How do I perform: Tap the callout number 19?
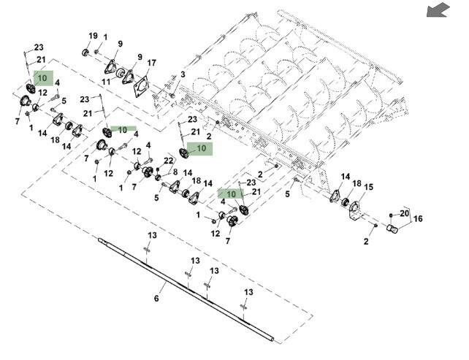(x=93, y=36)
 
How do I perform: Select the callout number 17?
(x=151, y=63)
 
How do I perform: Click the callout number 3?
(x=183, y=74)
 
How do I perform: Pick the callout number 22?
(x=169, y=161)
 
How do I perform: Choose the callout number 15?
(x=368, y=187)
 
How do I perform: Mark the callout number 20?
(x=404, y=213)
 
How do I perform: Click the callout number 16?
(x=418, y=218)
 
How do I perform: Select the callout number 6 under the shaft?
(x=156, y=299)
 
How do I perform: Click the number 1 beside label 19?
(x=105, y=37)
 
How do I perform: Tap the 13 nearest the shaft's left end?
(x=153, y=235)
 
